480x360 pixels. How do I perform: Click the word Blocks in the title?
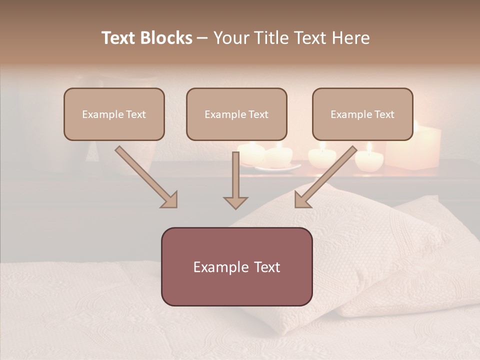click(x=167, y=38)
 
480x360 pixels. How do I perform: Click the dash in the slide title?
click(x=202, y=38)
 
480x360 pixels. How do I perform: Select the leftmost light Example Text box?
click(x=114, y=114)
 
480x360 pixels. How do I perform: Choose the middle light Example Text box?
click(x=236, y=114)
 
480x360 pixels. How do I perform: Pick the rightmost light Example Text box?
click(x=362, y=114)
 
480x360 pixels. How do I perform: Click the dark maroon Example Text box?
click(x=236, y=266)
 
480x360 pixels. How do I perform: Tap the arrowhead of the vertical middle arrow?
click(x=235, y=202)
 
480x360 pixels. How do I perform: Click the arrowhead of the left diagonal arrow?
click(x=169, y=199)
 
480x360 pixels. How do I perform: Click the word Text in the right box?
click(x=384, y=114)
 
